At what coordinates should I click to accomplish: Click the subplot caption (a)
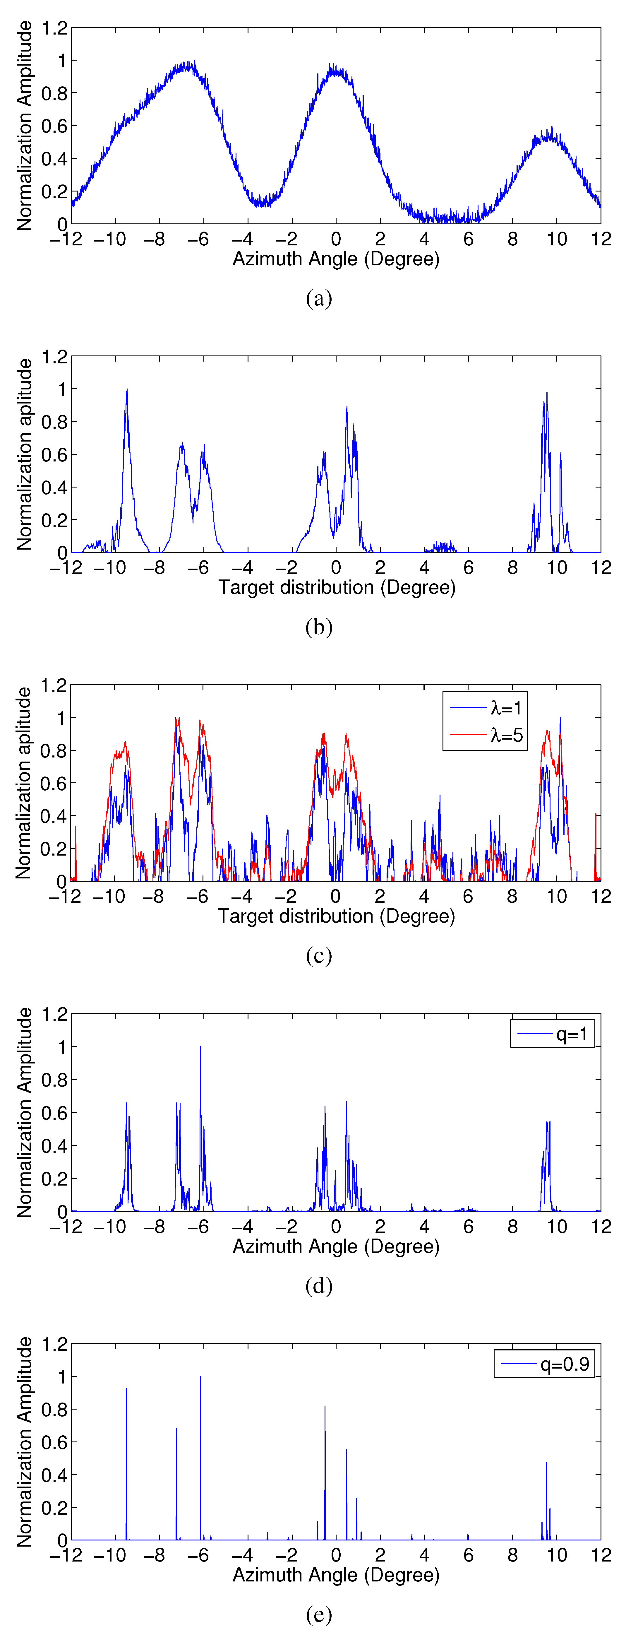tap(319, 298)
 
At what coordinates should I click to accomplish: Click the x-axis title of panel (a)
tap(336, 259)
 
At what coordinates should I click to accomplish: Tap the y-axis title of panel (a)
tap(24, 125)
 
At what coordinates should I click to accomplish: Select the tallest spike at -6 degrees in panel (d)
tap(200, 1047)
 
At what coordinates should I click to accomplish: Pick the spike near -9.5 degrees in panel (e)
tap(126, 1389)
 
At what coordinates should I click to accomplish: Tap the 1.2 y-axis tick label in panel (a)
tap(54, 28)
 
